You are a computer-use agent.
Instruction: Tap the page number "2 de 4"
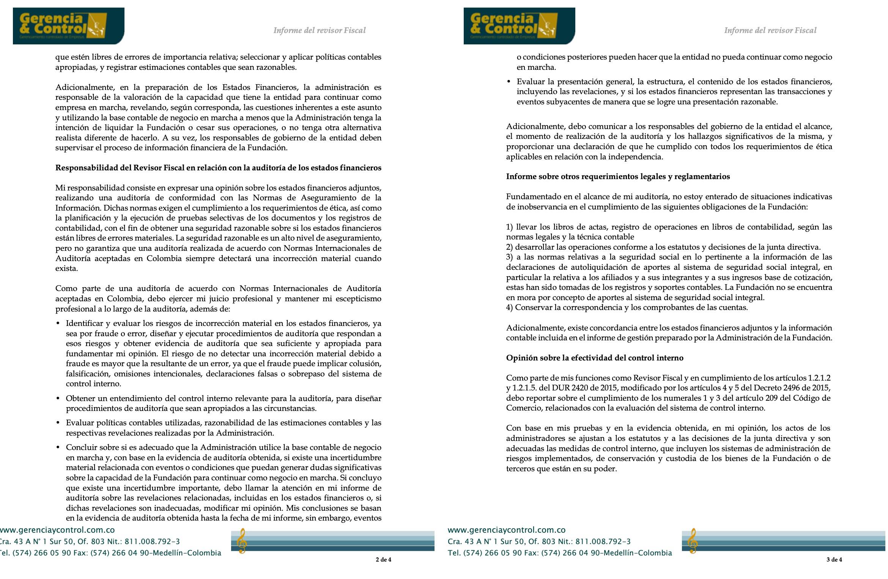(383, 559)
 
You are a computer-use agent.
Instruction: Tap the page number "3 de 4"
(834, 559)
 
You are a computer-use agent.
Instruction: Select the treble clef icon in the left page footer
(241, 541)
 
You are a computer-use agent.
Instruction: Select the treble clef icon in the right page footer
(692, 541)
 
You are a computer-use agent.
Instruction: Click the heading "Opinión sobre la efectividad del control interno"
(594, 358)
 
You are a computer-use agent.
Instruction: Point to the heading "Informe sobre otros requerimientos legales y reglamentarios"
(618, 176)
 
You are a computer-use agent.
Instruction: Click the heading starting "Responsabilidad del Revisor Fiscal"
(218, 168)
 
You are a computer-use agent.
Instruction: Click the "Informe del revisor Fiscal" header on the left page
(319, 30)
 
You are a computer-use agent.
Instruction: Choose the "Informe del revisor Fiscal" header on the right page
(770, 30)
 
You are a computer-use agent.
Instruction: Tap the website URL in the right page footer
(507, 530)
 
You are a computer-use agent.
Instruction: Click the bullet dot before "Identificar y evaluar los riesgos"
(58, 324)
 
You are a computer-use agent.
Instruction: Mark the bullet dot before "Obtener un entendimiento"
(58, 399)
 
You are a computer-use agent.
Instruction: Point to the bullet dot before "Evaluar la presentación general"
(509, 82)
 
